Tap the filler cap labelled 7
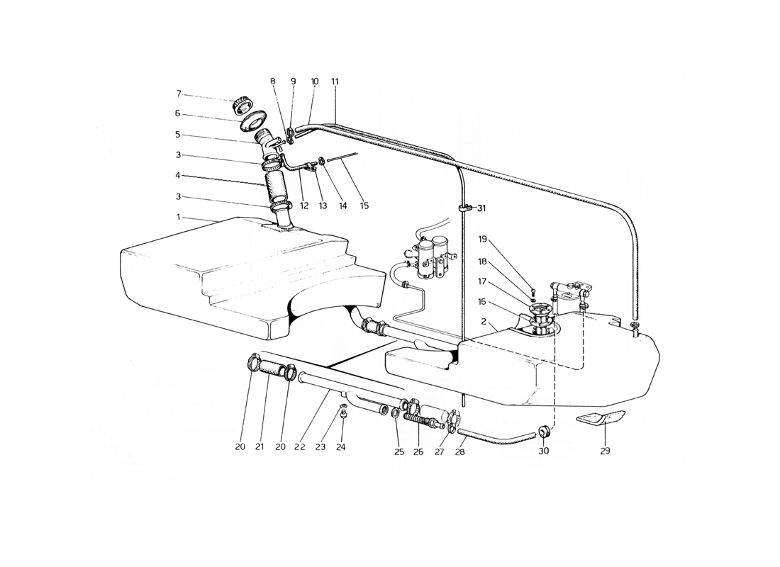(243, 104)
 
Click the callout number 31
(481, 208)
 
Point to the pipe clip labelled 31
(462, 209)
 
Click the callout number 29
(605, 451)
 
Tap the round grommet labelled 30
(544, 431)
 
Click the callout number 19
(482, 239)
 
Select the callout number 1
(178, 217)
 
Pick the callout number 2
(484, 322)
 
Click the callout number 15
(364, 206)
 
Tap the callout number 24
(340, 447)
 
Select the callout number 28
(459, 452)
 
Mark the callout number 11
(335, 81)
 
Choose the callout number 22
(299, 447)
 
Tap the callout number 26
(418, 451)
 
